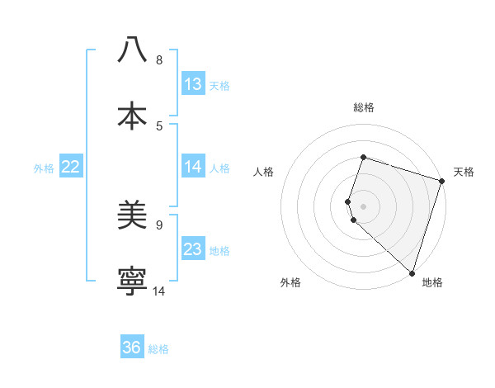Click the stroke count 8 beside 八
click(159, 60)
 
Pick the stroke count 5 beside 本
click(159, 126)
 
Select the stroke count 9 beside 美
click(159, 225)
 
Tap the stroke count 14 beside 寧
click(159, 291)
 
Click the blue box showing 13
click(193, 84)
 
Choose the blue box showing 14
click(193, 167)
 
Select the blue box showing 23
click(193, 249)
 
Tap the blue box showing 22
click(70, 167)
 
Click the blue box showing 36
click(132, 348)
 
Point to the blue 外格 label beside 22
click(44, 168)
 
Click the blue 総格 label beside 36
click(158, 349)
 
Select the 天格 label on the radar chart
click(464, 172)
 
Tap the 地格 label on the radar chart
click(432, 283)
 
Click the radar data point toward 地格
click(412, 272)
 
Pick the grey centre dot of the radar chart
click(363, 206)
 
